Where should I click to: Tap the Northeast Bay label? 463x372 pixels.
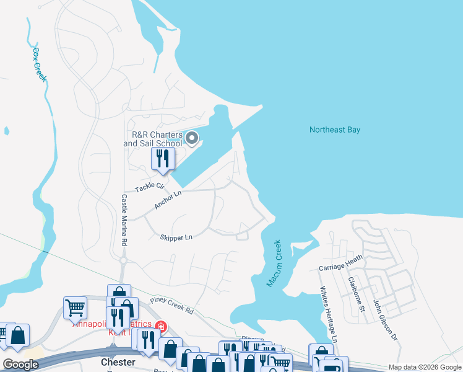pos(334,130)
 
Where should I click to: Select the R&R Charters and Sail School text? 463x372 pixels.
pos(153,139)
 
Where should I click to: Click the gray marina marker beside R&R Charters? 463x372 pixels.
pos(192,138)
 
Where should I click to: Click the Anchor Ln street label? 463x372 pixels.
pos(168,200)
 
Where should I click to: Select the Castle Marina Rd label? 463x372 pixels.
pos(124,221)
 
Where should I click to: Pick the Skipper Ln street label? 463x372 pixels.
pos(176,237)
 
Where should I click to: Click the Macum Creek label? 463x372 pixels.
pos(274,263)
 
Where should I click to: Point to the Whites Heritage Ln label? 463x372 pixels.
pos(328,314)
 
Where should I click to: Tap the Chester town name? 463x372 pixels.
pos(118,361)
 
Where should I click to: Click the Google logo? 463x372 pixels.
pos(20,365)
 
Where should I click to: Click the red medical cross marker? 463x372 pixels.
pos(160,325)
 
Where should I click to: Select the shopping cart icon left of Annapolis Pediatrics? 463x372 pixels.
pos(75,306)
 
